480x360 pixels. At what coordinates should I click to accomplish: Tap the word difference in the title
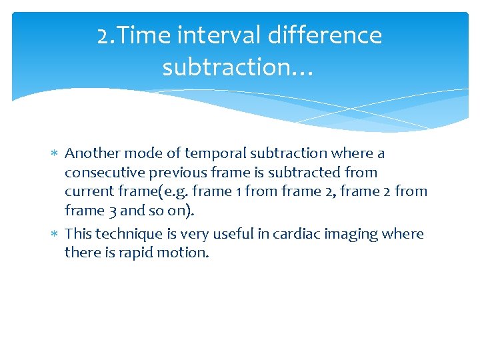coord(325,35)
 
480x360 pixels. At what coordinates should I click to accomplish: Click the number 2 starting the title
coord(103,35)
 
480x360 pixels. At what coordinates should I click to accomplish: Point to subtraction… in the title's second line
coord(237,67)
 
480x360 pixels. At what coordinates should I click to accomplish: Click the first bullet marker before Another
coord(55,154)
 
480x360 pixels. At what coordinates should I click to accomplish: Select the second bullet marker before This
coord(55,235)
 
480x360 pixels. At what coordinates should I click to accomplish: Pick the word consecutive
coord(103,173)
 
